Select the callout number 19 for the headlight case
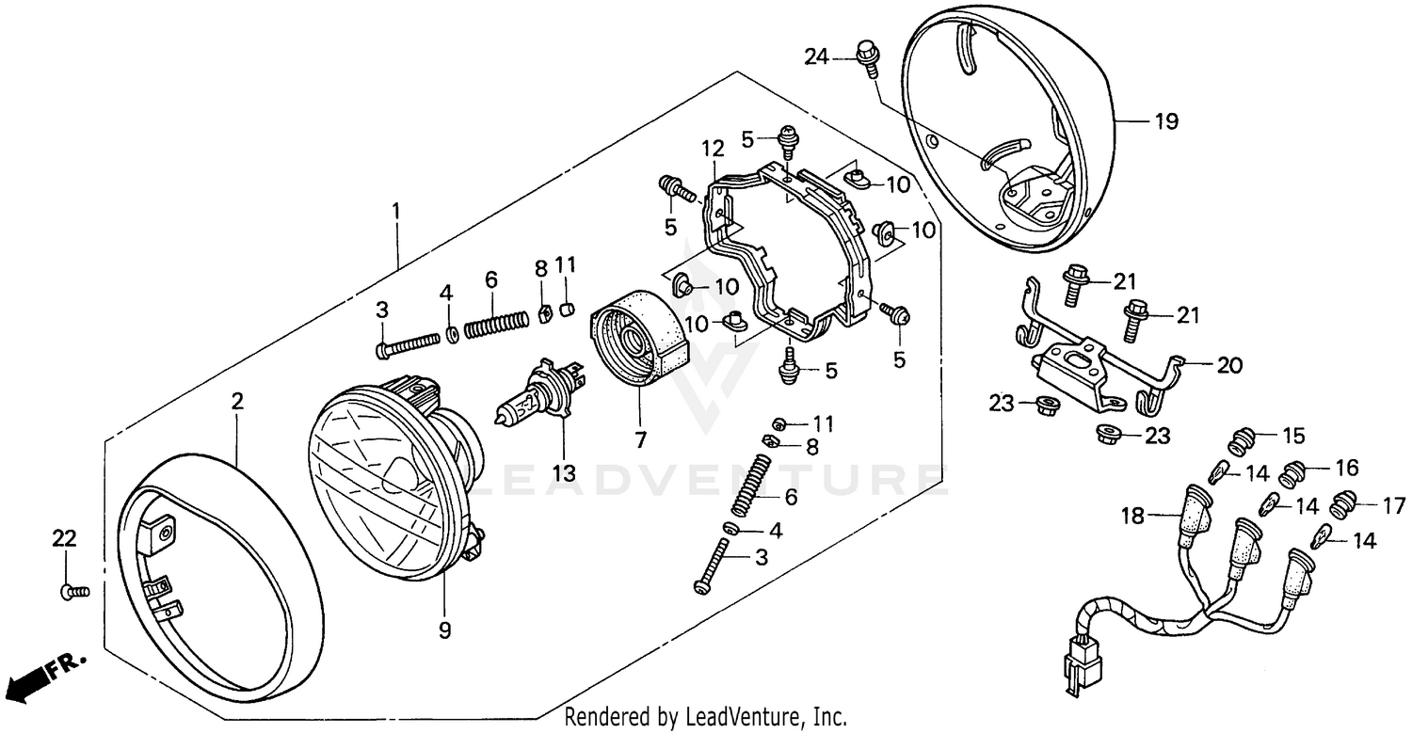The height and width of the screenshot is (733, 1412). point(1165,122)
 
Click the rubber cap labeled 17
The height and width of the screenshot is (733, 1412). point(1342,506)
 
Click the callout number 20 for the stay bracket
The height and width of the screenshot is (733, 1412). point(1229,366)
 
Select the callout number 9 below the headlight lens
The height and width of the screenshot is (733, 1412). point(445,631)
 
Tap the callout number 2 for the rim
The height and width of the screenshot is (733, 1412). point(237,402)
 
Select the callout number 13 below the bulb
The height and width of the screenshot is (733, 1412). point(563,474)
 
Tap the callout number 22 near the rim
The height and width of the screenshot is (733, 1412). point(63,539)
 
